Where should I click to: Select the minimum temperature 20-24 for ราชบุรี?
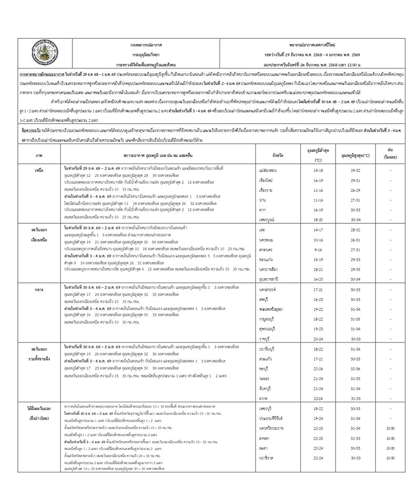pyautogui.click(x=318, y=338)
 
